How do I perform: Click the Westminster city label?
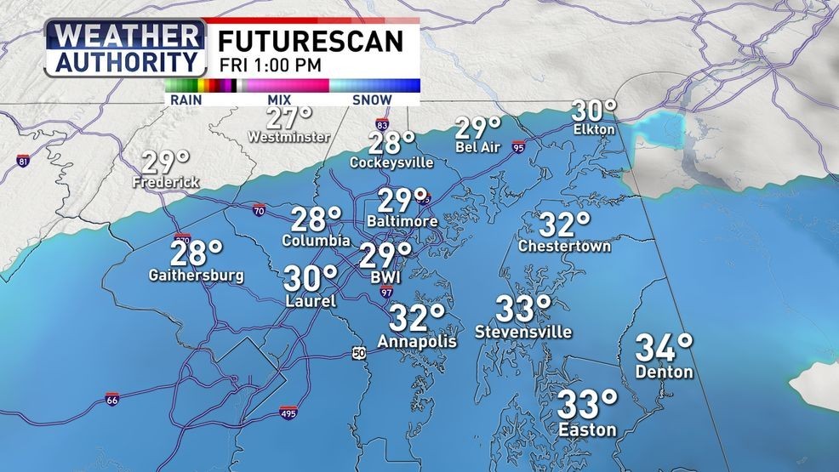(x=277, y=136)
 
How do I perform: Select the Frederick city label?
(x=166, y=182)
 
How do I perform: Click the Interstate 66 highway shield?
(x=112, y=399)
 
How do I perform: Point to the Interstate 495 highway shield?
(x=288, y=413)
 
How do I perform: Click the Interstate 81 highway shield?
(x=23, y=161)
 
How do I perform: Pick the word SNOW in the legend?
(x=371, y=100)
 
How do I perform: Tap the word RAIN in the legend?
(x=185, y=100)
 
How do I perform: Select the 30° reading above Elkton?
(x=593, y=111)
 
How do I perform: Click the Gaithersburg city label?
(x=197, y=276)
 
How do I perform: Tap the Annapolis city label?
(x=417, y=342)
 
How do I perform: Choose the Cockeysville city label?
(x=392, y=162)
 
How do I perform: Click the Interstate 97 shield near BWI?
(x=386, y=293)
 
